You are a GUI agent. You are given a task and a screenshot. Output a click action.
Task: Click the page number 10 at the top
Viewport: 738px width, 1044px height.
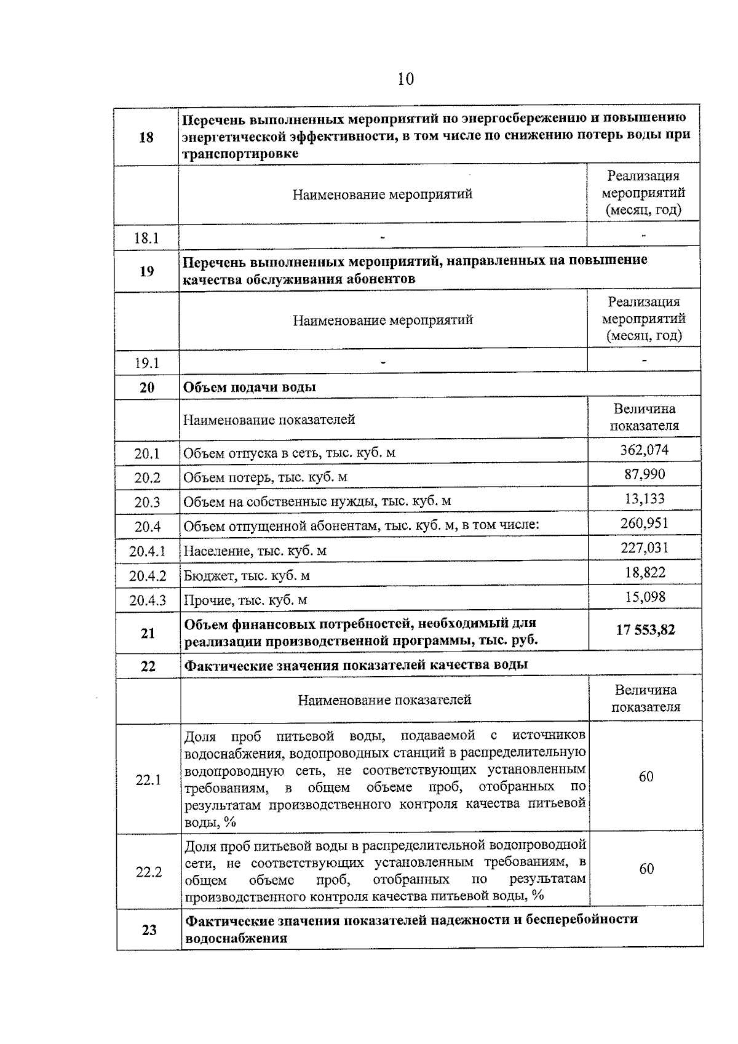(x=406, y=79)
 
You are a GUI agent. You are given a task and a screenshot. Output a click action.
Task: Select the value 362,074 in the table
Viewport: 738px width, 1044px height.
(x=644, y=450)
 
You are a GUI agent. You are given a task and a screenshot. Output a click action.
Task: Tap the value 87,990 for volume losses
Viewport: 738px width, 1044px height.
(x=644, y=474)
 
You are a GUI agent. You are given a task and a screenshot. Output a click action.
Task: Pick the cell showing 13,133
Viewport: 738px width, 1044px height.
(x=645, y=499)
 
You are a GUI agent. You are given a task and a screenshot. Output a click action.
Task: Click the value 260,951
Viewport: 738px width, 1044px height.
(x=645, y=524)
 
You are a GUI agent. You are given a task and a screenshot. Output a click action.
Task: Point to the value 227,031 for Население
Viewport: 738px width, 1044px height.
(x=645, y=548)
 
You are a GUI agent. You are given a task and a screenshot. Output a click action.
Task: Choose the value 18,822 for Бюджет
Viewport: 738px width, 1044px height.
(x=645, y=573)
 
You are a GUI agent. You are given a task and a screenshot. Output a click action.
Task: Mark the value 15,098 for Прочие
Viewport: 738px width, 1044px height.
(x=645, y=597)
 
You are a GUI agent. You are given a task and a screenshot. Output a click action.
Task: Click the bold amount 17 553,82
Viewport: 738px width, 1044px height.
(x=645, y=630)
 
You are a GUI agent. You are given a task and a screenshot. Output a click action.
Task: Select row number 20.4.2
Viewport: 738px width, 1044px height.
(x=148, y=576)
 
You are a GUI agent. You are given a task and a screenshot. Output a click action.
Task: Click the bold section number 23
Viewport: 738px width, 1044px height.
(x=149, y=930)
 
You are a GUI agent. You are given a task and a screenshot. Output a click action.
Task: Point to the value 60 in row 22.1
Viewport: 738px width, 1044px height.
(x=646, y=777)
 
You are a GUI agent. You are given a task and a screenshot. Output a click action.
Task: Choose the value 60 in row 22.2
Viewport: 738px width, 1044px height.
(x=646, y=869)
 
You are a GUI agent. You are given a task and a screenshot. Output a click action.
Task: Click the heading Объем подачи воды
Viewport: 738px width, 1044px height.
(x=250, y=388)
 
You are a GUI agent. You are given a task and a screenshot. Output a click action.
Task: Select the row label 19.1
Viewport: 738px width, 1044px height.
(x=147, y=364)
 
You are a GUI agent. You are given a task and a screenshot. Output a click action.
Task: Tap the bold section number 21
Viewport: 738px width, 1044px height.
(x=148, y=633)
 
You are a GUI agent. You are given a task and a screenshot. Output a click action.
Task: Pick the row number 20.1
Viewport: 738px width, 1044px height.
(x=147, y=454)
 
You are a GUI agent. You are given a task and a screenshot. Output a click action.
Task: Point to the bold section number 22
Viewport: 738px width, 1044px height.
(x=148, y=666)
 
